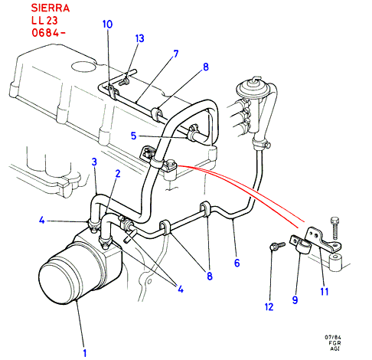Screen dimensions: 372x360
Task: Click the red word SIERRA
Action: coord(51,8)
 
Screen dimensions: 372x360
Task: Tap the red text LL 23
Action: coord(44,21)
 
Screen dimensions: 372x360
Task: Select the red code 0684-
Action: coord(48,32)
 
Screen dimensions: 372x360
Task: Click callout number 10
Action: coord(107,25)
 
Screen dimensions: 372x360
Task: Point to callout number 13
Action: coord(139,38)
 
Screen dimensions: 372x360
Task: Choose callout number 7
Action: coord(176,54)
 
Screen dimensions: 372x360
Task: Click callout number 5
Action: coord(133,136)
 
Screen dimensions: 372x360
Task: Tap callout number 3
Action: coord(94,162)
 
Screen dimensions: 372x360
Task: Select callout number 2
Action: coord(118,174)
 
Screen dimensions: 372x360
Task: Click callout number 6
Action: coord(237,263)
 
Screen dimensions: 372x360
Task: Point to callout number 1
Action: coord(85,353)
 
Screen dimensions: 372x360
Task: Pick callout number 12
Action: coord(269,306)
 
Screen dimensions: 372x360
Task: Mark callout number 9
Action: coord(295,299)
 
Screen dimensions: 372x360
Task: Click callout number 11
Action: coord(325,291)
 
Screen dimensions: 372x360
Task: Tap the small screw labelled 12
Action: coord(277,246)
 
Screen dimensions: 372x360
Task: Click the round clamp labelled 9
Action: coord(301,246)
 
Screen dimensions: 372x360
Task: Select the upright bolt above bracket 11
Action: coord(334,228)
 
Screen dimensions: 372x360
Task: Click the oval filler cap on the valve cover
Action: coord(83,66)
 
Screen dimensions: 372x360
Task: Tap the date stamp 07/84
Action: coord(333,337)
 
